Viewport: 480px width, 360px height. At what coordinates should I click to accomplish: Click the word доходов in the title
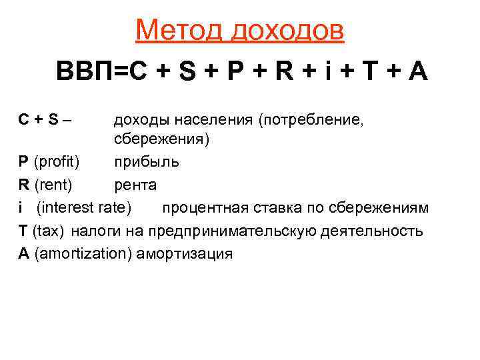pyautogui.click(x=289, y=30)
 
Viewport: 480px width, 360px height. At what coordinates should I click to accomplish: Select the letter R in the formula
pyautogui.click(x=285, y=72)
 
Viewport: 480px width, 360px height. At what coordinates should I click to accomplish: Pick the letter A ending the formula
pyautogui.click(x=417, y=72)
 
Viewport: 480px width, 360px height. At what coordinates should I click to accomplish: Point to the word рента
pyautogui.click(x=135, y=185)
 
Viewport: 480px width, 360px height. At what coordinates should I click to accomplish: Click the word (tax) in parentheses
pyautogui.click(x=47, y=231)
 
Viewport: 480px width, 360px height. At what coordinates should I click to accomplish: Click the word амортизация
pyautogui.click(x=184, y=253)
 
